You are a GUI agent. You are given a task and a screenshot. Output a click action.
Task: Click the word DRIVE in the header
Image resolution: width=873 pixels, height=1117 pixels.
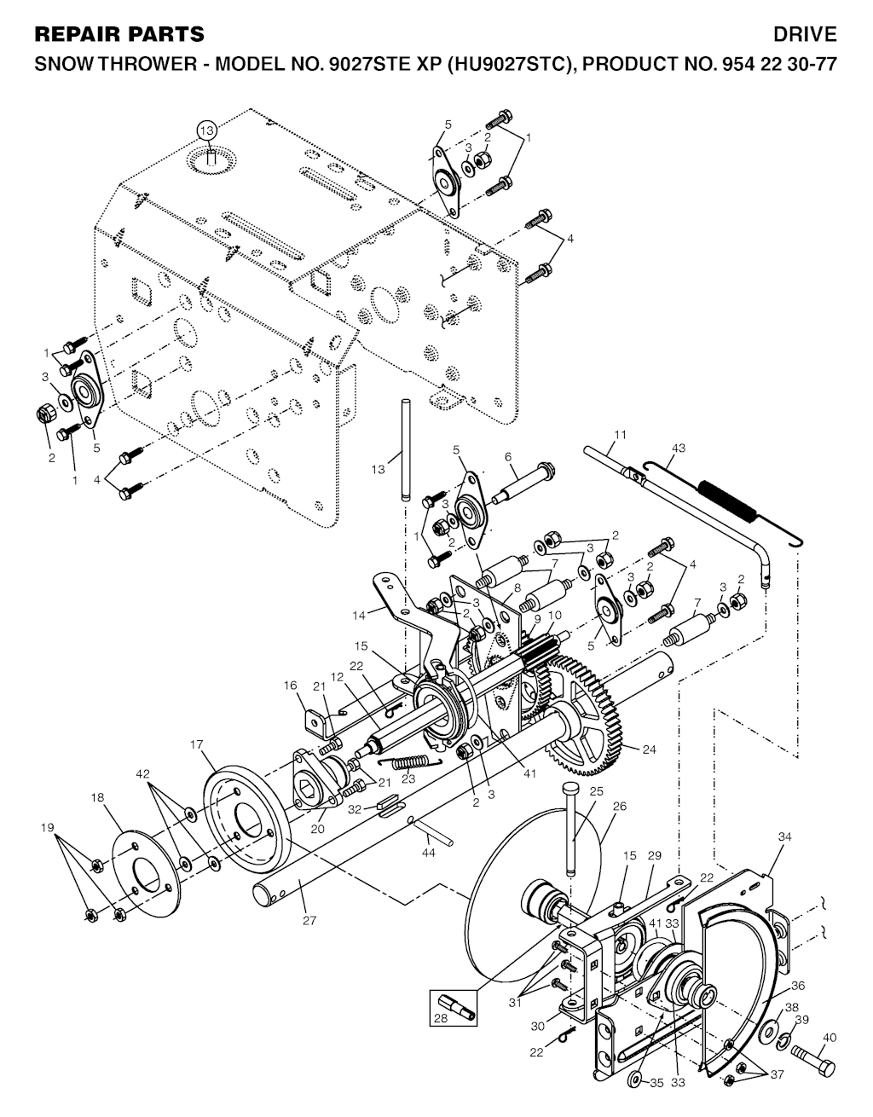805,34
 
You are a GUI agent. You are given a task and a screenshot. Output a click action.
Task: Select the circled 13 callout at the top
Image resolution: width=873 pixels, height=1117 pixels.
206,130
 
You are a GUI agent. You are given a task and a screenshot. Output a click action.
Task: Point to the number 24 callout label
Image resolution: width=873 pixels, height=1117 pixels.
650,750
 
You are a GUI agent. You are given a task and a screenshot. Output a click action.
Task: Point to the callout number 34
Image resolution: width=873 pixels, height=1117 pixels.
784,838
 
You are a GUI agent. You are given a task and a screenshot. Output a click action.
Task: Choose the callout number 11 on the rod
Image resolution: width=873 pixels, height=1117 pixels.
621,435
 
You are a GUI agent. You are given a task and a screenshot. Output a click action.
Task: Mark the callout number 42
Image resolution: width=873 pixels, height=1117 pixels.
144,773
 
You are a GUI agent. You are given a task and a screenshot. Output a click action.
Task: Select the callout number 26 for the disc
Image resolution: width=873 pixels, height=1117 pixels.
619,805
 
